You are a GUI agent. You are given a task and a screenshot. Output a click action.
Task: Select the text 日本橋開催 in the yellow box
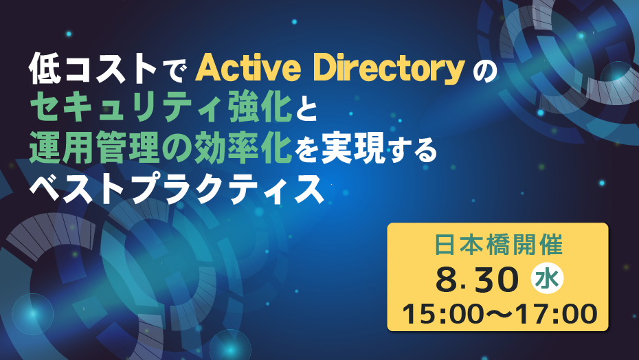[x=498, y=245]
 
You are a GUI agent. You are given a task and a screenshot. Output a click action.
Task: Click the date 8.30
[x=477, y=280]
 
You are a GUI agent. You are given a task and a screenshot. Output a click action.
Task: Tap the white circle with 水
[x=547, y=280]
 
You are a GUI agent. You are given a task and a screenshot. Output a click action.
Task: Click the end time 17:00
[x=551, y=314]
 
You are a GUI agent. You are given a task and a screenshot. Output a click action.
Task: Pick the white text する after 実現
[x=411, y=151]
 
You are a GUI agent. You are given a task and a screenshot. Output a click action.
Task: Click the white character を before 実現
[x=306, y=150]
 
